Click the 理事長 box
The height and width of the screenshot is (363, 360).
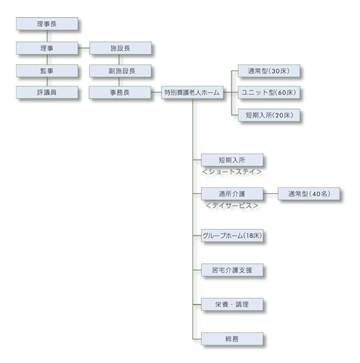[47, 24]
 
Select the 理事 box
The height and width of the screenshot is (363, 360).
[47, 48]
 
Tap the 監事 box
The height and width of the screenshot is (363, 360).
[47, 71]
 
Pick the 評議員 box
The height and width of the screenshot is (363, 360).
[47, 92]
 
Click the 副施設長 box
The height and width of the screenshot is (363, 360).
[120, 71]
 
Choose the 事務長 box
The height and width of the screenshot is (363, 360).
[120, 92]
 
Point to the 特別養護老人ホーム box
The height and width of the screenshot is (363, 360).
[192, 92]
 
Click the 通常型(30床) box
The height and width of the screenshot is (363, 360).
[269, 71]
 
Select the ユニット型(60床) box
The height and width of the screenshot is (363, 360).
[269, 92]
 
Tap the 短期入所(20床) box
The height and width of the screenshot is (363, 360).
[269, 115]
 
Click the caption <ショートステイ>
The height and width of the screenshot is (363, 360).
[232, 172]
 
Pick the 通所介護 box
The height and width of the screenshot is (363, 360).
[232, 194]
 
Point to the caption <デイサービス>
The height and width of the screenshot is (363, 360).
[232, 205]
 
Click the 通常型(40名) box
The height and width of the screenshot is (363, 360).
[309, 194]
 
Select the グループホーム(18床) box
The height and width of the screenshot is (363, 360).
[232, 236]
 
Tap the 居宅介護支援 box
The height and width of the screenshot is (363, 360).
[232, 270]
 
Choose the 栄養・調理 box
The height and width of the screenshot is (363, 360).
[232, 304]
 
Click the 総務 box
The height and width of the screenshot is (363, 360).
[232, 339]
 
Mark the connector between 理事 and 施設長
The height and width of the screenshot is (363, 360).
[84, 48]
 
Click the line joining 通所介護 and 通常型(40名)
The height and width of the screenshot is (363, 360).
[271, 194]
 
